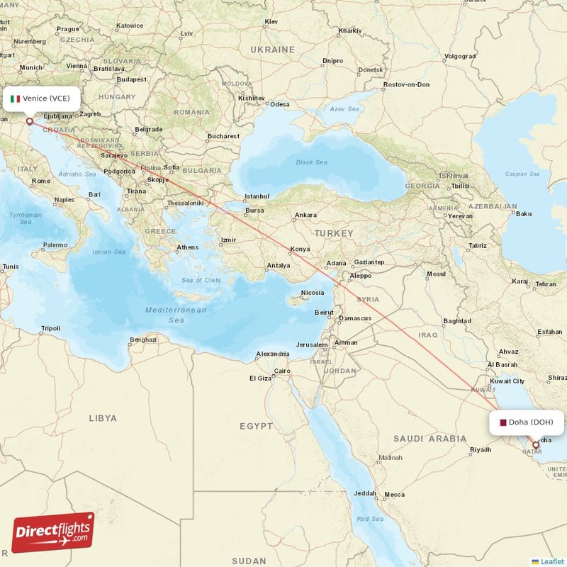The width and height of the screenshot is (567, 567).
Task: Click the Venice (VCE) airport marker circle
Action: (x=30, y=121)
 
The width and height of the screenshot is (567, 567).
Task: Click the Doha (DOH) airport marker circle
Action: (x=536, y=446)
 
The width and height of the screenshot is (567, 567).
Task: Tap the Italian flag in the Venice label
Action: (x=16, y=99)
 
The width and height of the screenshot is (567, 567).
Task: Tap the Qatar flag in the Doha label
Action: (x=503, y=422)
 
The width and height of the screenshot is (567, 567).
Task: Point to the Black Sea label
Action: (x=312, y=162)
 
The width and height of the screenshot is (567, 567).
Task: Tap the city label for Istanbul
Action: (x=257, y=196)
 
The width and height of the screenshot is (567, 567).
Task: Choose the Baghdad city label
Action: (x=456, y=321)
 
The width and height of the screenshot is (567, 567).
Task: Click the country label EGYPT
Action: (x=256, y=426)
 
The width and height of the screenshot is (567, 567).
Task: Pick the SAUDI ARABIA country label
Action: (x=430, y=439)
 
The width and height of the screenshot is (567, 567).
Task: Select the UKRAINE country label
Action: (x=272, y=50)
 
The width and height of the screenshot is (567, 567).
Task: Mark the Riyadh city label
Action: (x=481, y=450)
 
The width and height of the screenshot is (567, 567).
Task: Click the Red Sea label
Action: (x=369, y=519)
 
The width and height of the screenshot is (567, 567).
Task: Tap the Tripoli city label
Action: (x=51, y=328)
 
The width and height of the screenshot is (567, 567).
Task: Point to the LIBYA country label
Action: (x=103, y=418)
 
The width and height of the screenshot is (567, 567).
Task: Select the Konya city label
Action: (x=301, y=249)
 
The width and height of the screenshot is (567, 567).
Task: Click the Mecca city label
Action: (x=394, y=494)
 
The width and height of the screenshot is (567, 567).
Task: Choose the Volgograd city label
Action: (x=460, y=56)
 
